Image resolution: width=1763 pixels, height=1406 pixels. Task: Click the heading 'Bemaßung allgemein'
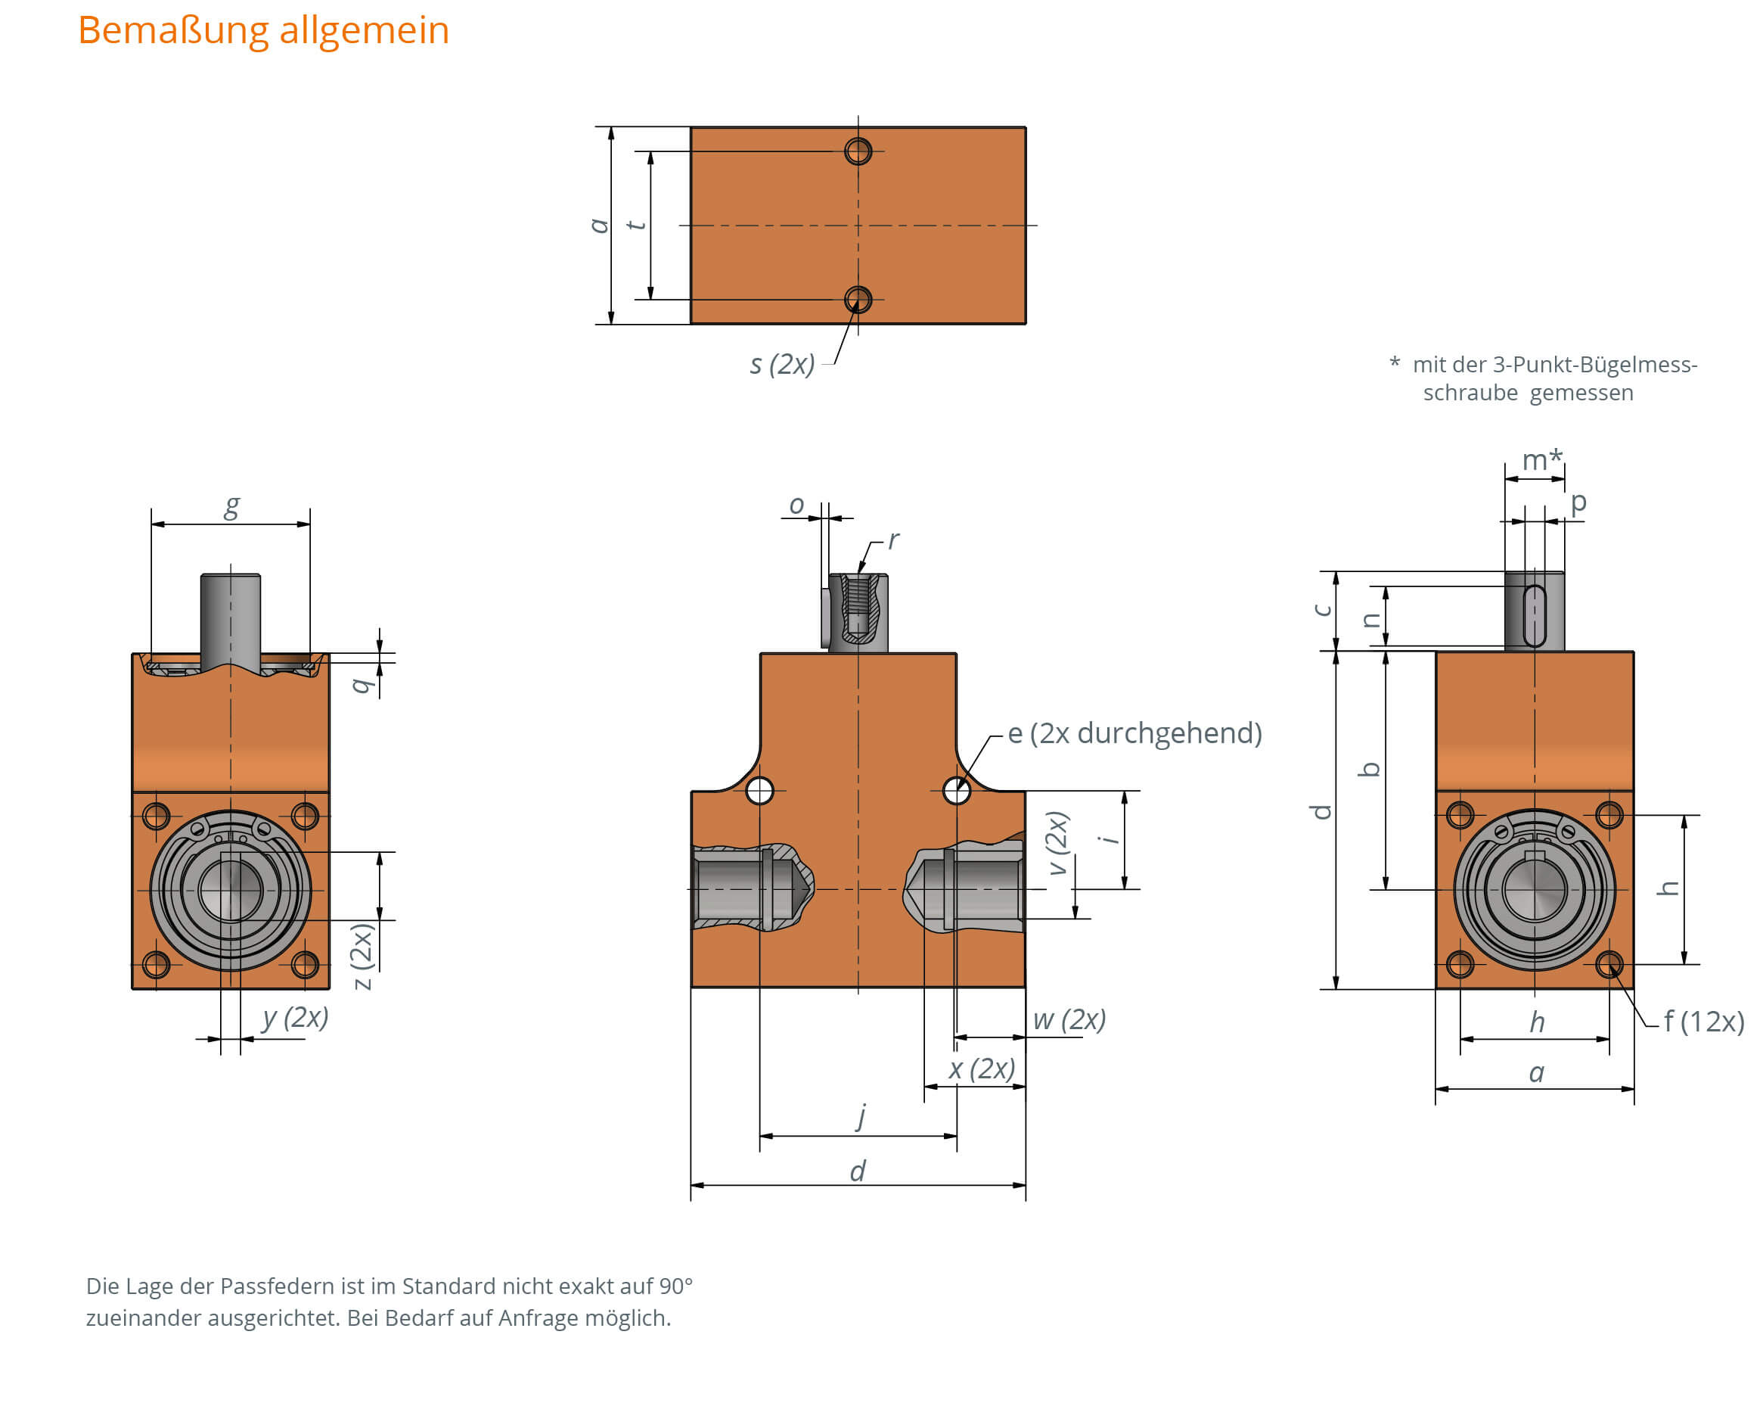tap(263, 31)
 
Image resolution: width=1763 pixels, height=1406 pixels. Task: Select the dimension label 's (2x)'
tap(782, 364)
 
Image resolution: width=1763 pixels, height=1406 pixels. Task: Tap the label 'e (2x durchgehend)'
tap(1134, 733)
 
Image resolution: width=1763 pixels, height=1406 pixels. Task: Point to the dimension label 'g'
tap(232, 506)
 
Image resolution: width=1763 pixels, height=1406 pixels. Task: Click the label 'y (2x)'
tap(295, 1019)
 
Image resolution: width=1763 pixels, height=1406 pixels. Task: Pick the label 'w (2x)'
tap(1069, 1020)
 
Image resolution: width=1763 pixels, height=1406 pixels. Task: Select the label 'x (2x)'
tap(981, 1069)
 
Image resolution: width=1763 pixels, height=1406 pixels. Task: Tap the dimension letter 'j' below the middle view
tap(861, 1115)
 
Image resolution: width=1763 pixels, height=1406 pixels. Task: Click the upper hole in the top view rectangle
tap(858, 151)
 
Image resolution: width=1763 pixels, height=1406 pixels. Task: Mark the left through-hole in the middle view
tap(759, 791)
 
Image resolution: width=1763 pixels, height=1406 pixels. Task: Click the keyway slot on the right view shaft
tap(1534, 616)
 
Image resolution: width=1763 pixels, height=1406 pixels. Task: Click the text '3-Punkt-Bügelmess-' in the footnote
tap(1594, 365)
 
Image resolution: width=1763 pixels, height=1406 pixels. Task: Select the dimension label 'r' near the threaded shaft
tap(893, 540)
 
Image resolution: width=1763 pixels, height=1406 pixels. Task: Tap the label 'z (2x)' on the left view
tap(362, 957)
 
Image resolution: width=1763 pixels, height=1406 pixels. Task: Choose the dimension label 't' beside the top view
tap(635, 225)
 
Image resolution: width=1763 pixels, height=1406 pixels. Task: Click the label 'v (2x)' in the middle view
tap(1057, 843)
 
